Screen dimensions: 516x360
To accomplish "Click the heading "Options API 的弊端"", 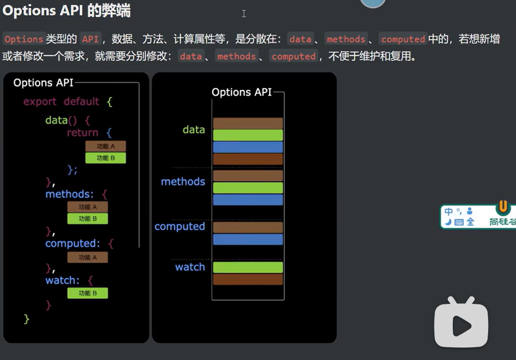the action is (66, 11).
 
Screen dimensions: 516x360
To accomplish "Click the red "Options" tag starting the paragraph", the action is (24, 39).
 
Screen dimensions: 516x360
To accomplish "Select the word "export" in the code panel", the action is (40, 101).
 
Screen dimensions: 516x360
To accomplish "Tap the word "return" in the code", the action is (83, 133).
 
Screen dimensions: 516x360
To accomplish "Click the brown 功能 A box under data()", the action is (105, 146).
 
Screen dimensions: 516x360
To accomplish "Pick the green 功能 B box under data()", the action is (105, 158).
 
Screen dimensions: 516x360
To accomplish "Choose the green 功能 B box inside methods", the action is (88, 219).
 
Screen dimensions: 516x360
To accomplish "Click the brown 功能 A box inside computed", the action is (88, 258).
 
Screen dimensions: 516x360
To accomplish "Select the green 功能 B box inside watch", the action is (88, 293).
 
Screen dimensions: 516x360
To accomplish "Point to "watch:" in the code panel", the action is (62, 280).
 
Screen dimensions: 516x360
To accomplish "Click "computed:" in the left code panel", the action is (73, 244).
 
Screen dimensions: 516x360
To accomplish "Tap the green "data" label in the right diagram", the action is (194, 130).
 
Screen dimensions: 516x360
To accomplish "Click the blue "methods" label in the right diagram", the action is (183, 181).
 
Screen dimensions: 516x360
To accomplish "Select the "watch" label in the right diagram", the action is (190, 267).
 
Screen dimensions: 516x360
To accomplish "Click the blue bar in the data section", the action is (248, 147).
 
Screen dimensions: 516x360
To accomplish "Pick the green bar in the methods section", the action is (248, 188).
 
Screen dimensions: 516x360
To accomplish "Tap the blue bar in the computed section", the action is (248, 239).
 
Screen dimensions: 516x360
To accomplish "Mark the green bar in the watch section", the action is (248, 268).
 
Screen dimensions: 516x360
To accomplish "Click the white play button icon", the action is (461, 325).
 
